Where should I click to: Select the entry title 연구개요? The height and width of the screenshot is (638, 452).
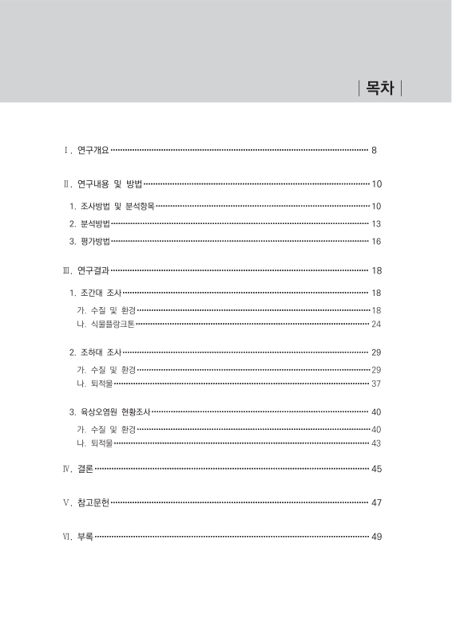click(x=94, y=150)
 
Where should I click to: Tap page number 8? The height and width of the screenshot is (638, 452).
click(x=375, y=150)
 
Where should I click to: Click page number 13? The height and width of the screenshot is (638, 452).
click(x=376, y=223)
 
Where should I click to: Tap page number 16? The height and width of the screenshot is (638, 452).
click(x=376, y=241)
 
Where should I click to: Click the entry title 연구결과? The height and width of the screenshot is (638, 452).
click(x=94, y=271)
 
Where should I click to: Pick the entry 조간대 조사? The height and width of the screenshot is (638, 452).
click(x=101, y=293)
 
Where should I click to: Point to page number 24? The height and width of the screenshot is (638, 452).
click(x=376, y=324)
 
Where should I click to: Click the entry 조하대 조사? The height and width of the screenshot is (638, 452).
click(x=101, y=352)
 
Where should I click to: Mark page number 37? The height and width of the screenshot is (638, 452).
click(x=376, y=384)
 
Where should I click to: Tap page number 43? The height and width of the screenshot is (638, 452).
click(x=376, y=443)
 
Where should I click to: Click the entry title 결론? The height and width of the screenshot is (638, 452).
click(x=85, y=468)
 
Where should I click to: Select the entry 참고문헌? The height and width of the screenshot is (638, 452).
click(x=94, y=503)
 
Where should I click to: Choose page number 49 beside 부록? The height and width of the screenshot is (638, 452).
click(x=376, y=537)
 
